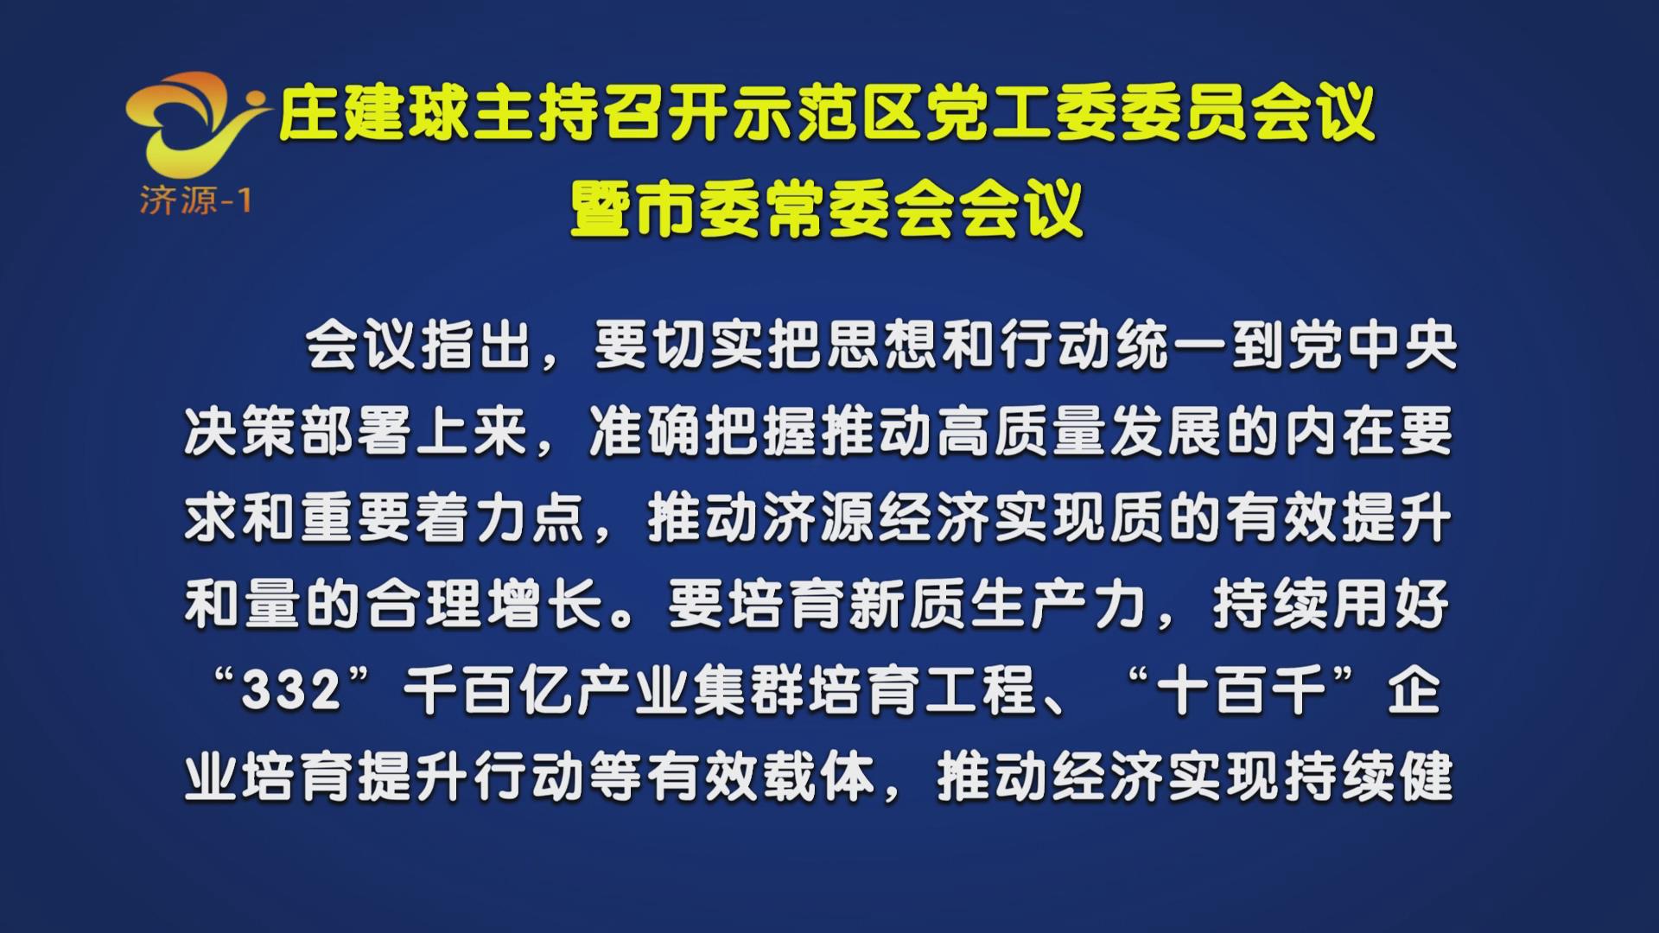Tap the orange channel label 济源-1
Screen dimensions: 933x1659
pos(195,200)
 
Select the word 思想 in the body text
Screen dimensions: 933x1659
pos(882,346)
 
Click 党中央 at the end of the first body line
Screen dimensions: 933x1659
pos(1373,346)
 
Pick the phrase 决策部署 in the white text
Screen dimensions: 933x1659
pos(297,431)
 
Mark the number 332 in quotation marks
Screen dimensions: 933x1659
pos(291,691)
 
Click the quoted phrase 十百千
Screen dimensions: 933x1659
pos(1242,691)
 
